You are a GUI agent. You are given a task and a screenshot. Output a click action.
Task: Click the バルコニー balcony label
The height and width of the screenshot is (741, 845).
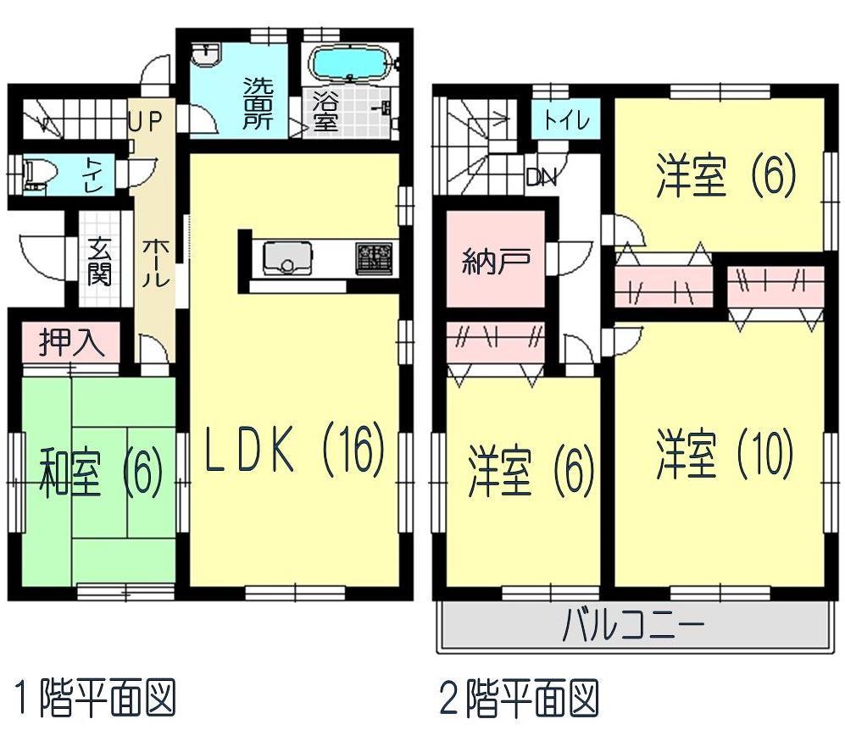(x=634, y=628)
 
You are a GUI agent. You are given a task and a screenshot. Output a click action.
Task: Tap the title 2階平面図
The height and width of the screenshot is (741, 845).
(x=519, y=700)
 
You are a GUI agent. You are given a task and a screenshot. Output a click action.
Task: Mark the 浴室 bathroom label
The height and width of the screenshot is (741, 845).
(x=326, y=110)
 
